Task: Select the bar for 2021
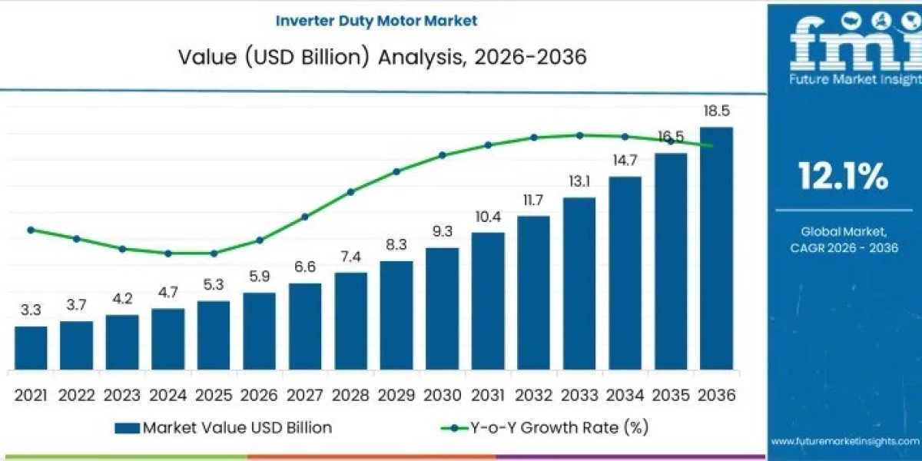(x=31, y=347)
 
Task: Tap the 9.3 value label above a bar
(x=442, y=230)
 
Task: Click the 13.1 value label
(x=579, y=181)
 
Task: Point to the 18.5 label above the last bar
(x=716, y=111)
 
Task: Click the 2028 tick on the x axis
(x=350, y=396)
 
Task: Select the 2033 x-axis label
(x=579, y=396)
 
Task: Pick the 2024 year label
(x=167, y=396)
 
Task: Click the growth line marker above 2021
(x=31, y=230)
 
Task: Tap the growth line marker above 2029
(x=396, y=171)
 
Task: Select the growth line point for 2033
(x=579, y=135)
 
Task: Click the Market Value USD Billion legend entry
(x=223, y=428)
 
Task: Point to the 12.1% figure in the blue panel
(x=844, y=177)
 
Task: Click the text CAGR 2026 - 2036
(x=844, y=247)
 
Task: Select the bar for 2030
(x=442, y=308)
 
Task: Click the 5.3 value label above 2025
(x=213, y=284)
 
